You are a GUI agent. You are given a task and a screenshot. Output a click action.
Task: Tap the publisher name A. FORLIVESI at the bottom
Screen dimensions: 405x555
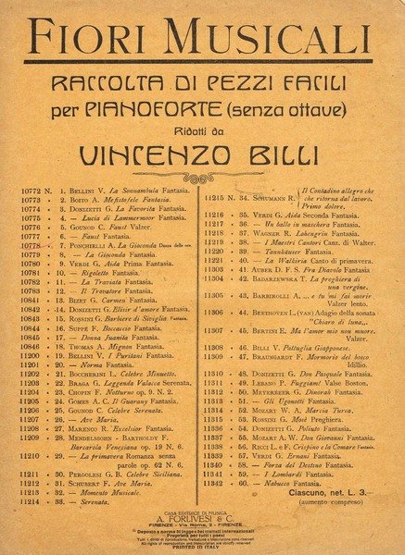click(204, 519)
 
